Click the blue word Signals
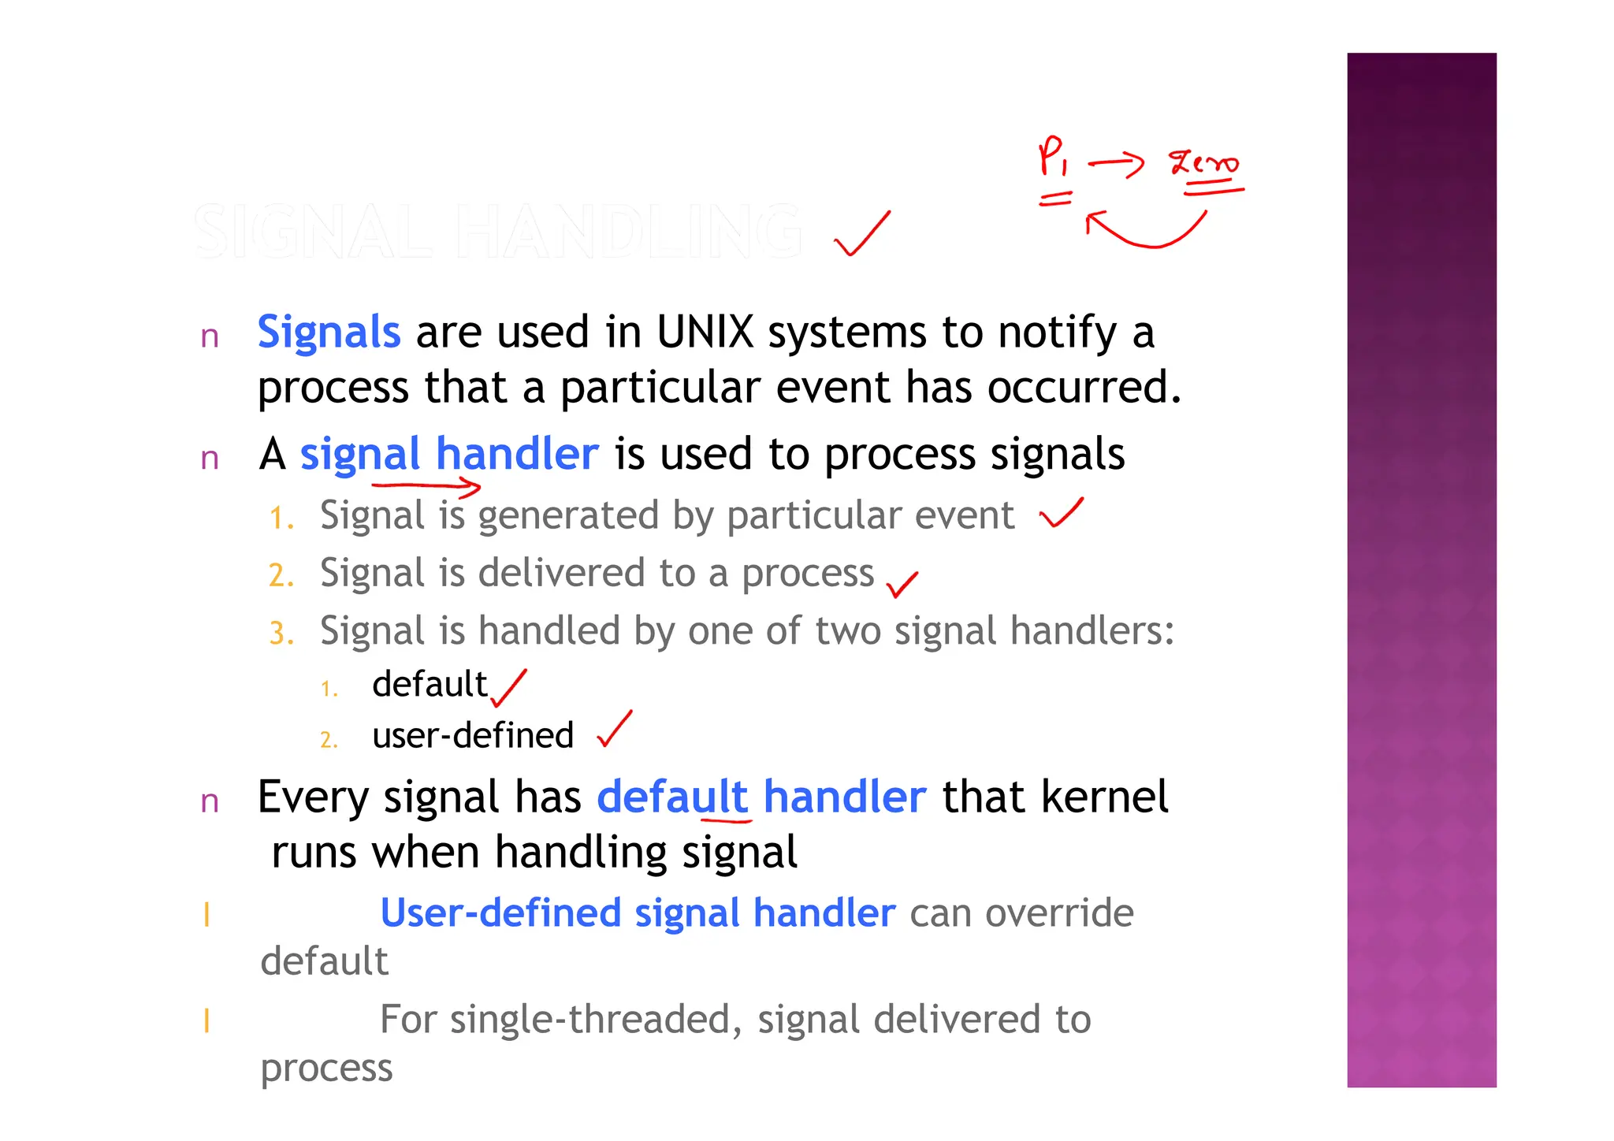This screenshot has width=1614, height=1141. (x=329, y=333)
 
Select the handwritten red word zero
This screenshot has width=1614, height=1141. (x=1203, y=164)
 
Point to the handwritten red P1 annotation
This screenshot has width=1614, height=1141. (x=1053, y=156)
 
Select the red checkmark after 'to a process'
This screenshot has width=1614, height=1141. (x=902, y=584)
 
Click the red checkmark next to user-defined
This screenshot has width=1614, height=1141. (x=614, y=730)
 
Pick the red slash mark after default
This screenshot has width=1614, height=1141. (x=509, y=688)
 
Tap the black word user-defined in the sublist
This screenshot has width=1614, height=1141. (x=473, y=736)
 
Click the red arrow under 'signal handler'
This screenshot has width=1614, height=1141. (x=426, y=487)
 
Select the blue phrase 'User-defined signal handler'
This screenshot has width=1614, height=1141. (x=638, y=913)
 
